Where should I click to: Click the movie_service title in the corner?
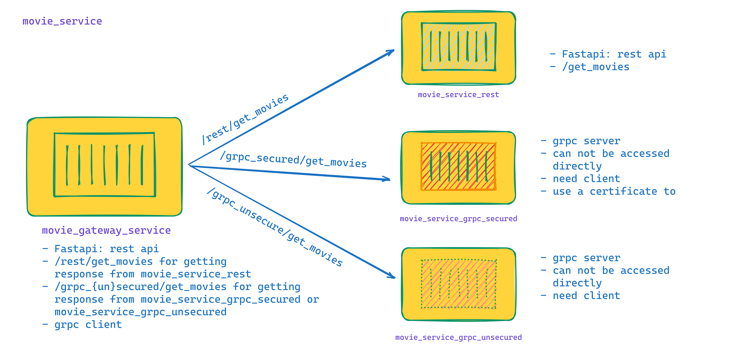[62, 21]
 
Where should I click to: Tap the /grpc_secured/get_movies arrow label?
[293, 160]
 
